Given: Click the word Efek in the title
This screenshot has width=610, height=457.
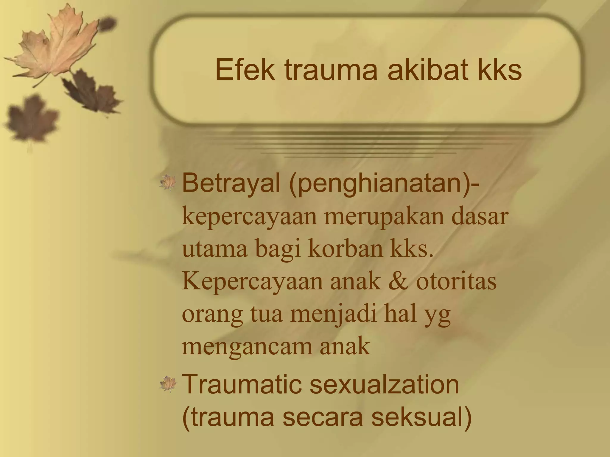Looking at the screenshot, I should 245,70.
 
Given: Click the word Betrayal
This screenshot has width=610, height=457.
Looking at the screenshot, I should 231,184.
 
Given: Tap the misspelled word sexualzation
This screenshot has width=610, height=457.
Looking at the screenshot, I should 384,385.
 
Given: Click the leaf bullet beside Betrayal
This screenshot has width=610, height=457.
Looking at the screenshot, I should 168,182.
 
